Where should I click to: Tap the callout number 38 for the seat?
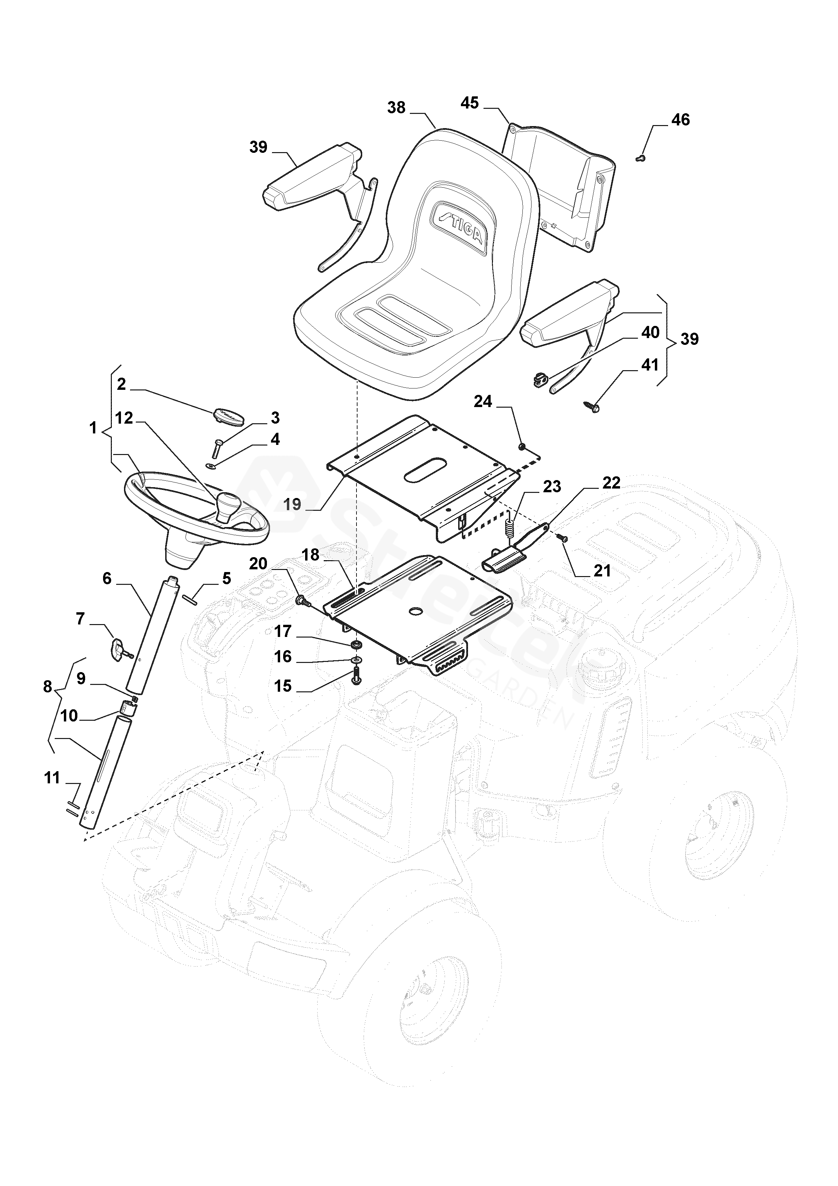click(x=397, y=108)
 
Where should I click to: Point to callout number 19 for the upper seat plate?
click(x=292, y=504)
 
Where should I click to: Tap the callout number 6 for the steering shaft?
click(x=107, y=578)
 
